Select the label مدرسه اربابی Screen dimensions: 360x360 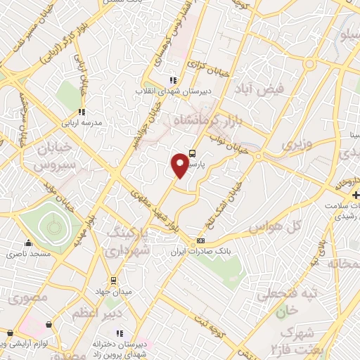point(84,122)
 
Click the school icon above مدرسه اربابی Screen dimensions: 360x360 point(83,111)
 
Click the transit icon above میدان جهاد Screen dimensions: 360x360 point(114,280)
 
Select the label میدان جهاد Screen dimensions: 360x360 point(113,290)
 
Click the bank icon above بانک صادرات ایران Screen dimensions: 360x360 point(201,241)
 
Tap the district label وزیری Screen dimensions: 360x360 point(295,144)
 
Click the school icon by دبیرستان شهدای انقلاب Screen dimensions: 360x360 point(175,80)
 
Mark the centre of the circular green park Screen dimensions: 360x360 point(51,225)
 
